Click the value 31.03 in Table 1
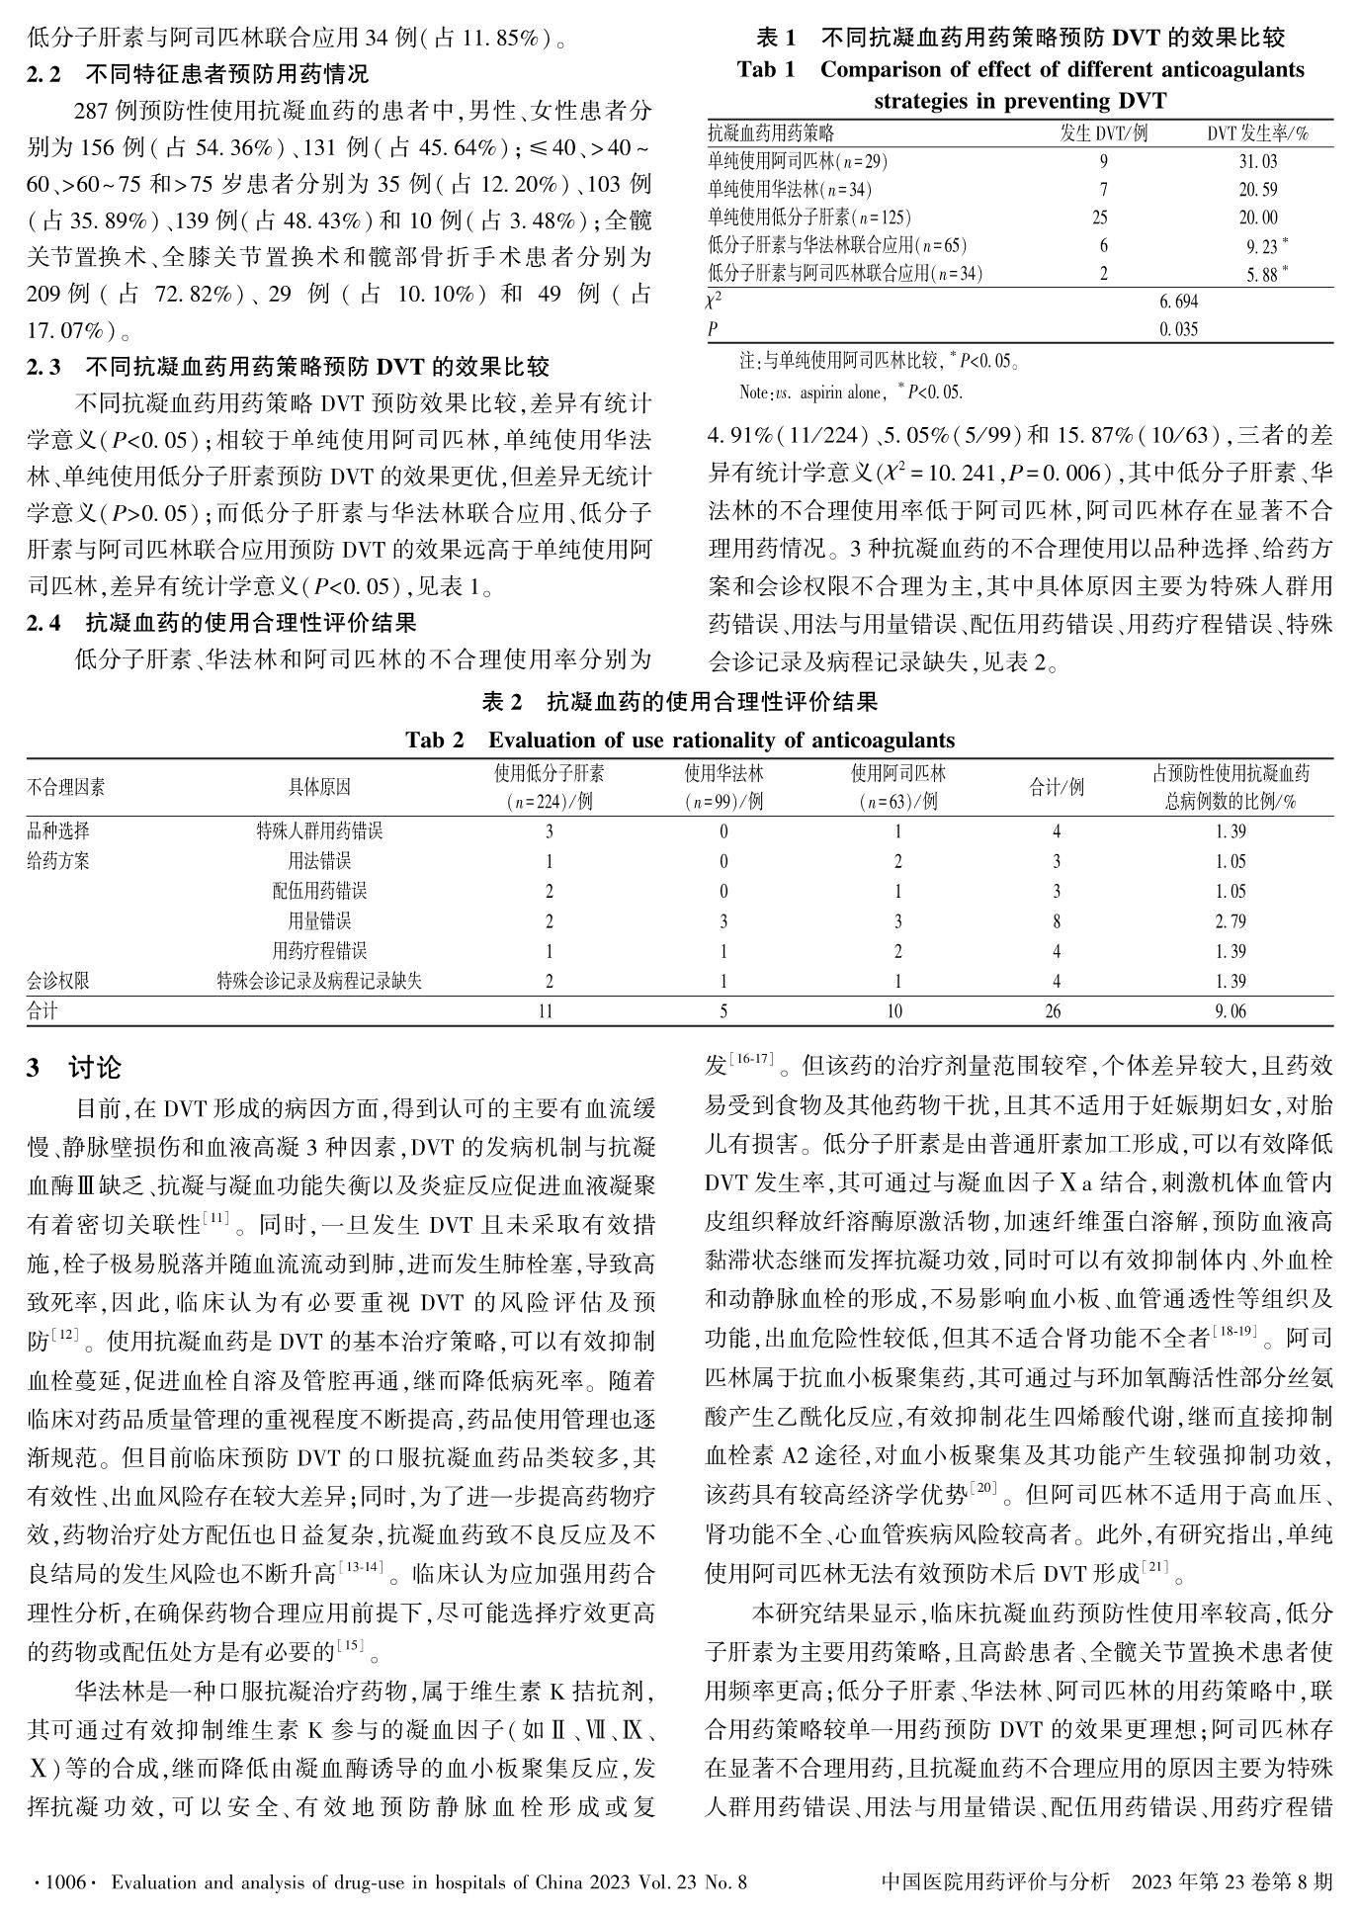point(1257,161)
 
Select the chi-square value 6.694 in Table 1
point(1179,302)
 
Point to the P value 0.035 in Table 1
point(1179,329)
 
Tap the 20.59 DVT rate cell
point(1257,190)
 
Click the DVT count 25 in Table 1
point(1100,218)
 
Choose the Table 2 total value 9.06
point(1231,1010)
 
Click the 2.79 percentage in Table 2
point(1231,921)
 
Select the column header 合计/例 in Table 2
point(1057,787)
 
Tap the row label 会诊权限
point(57,981)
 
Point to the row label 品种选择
point(57,831)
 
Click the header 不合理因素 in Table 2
point(65,787)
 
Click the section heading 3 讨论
point(74,1068)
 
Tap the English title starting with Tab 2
point(680,741)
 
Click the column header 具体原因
point(319,787)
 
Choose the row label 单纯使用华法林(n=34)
point(790,190)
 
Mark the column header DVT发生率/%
point(1257,133)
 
